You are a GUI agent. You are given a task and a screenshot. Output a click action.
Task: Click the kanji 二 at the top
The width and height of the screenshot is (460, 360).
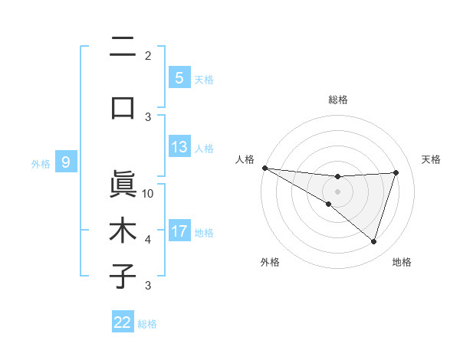[123, 47]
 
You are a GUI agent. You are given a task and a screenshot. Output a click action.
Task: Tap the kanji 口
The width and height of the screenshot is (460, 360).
[123, 107]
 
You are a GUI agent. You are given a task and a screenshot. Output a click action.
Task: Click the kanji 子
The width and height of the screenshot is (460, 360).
[123, 276]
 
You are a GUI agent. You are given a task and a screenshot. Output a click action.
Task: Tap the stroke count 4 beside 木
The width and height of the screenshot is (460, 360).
[148, 240]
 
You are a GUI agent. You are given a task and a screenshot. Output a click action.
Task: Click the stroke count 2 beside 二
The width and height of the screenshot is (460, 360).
[148, 55]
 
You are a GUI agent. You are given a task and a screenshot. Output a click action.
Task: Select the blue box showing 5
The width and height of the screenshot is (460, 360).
[179, 77]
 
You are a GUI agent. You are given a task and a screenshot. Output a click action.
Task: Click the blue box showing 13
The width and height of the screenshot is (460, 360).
[179, 147]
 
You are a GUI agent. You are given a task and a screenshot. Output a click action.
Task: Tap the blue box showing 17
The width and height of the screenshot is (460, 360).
[179, 231]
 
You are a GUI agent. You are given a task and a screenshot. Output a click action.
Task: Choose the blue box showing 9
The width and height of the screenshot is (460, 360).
[66, 162]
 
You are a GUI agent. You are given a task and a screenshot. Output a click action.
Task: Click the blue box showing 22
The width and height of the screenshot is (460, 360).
[123, 322]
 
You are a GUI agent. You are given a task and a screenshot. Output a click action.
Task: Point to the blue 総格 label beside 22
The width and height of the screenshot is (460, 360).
[147, 324]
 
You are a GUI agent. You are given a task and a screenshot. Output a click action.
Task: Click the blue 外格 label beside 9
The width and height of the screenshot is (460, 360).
[41, 163]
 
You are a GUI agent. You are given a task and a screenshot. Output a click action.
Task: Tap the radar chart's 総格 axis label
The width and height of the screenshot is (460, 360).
[337, 100]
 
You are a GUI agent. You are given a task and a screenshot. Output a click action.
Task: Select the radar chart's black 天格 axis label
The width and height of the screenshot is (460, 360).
[432, 159]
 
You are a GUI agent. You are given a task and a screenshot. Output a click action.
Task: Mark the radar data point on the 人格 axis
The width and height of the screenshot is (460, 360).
[264, 168]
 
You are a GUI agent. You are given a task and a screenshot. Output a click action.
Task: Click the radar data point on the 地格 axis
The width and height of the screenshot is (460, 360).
[374, 241]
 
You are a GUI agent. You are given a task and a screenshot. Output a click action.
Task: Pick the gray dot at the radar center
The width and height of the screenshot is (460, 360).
[337, 190]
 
